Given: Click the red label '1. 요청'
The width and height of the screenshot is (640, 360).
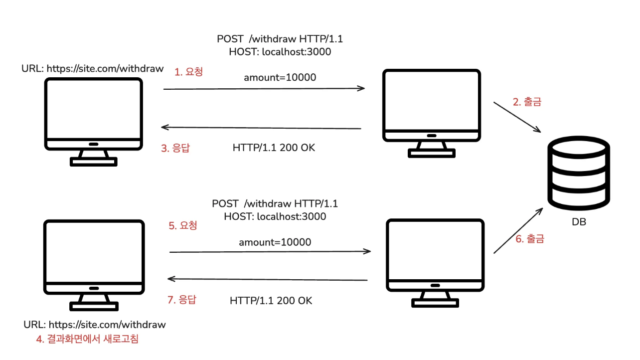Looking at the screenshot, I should coord(189,72).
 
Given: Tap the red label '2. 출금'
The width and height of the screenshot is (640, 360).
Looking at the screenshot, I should coord(527,102).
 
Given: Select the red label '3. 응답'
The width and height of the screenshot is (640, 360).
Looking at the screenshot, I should coord(175,148).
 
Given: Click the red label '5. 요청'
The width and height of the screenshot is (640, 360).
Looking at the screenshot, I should coord(183,225).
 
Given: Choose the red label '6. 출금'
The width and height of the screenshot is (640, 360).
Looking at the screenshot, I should coord(529,239).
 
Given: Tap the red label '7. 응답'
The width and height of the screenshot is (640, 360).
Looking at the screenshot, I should coord(181,300).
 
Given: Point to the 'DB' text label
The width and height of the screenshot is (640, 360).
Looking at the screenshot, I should coord(579,222).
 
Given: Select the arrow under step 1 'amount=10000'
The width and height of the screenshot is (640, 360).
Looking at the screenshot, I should coord(264,89).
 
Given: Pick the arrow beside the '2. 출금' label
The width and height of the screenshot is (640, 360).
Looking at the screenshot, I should coord(517,117).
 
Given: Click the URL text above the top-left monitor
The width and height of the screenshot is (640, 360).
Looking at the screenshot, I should coord(93,69).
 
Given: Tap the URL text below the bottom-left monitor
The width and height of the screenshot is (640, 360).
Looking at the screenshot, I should coord(95,325).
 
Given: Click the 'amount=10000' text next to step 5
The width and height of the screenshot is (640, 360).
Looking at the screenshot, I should coord(275,242).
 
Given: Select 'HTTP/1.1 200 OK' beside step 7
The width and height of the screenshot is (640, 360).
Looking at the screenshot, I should coord(271,301).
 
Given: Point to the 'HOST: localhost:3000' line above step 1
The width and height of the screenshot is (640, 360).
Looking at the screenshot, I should coord(280,51).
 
